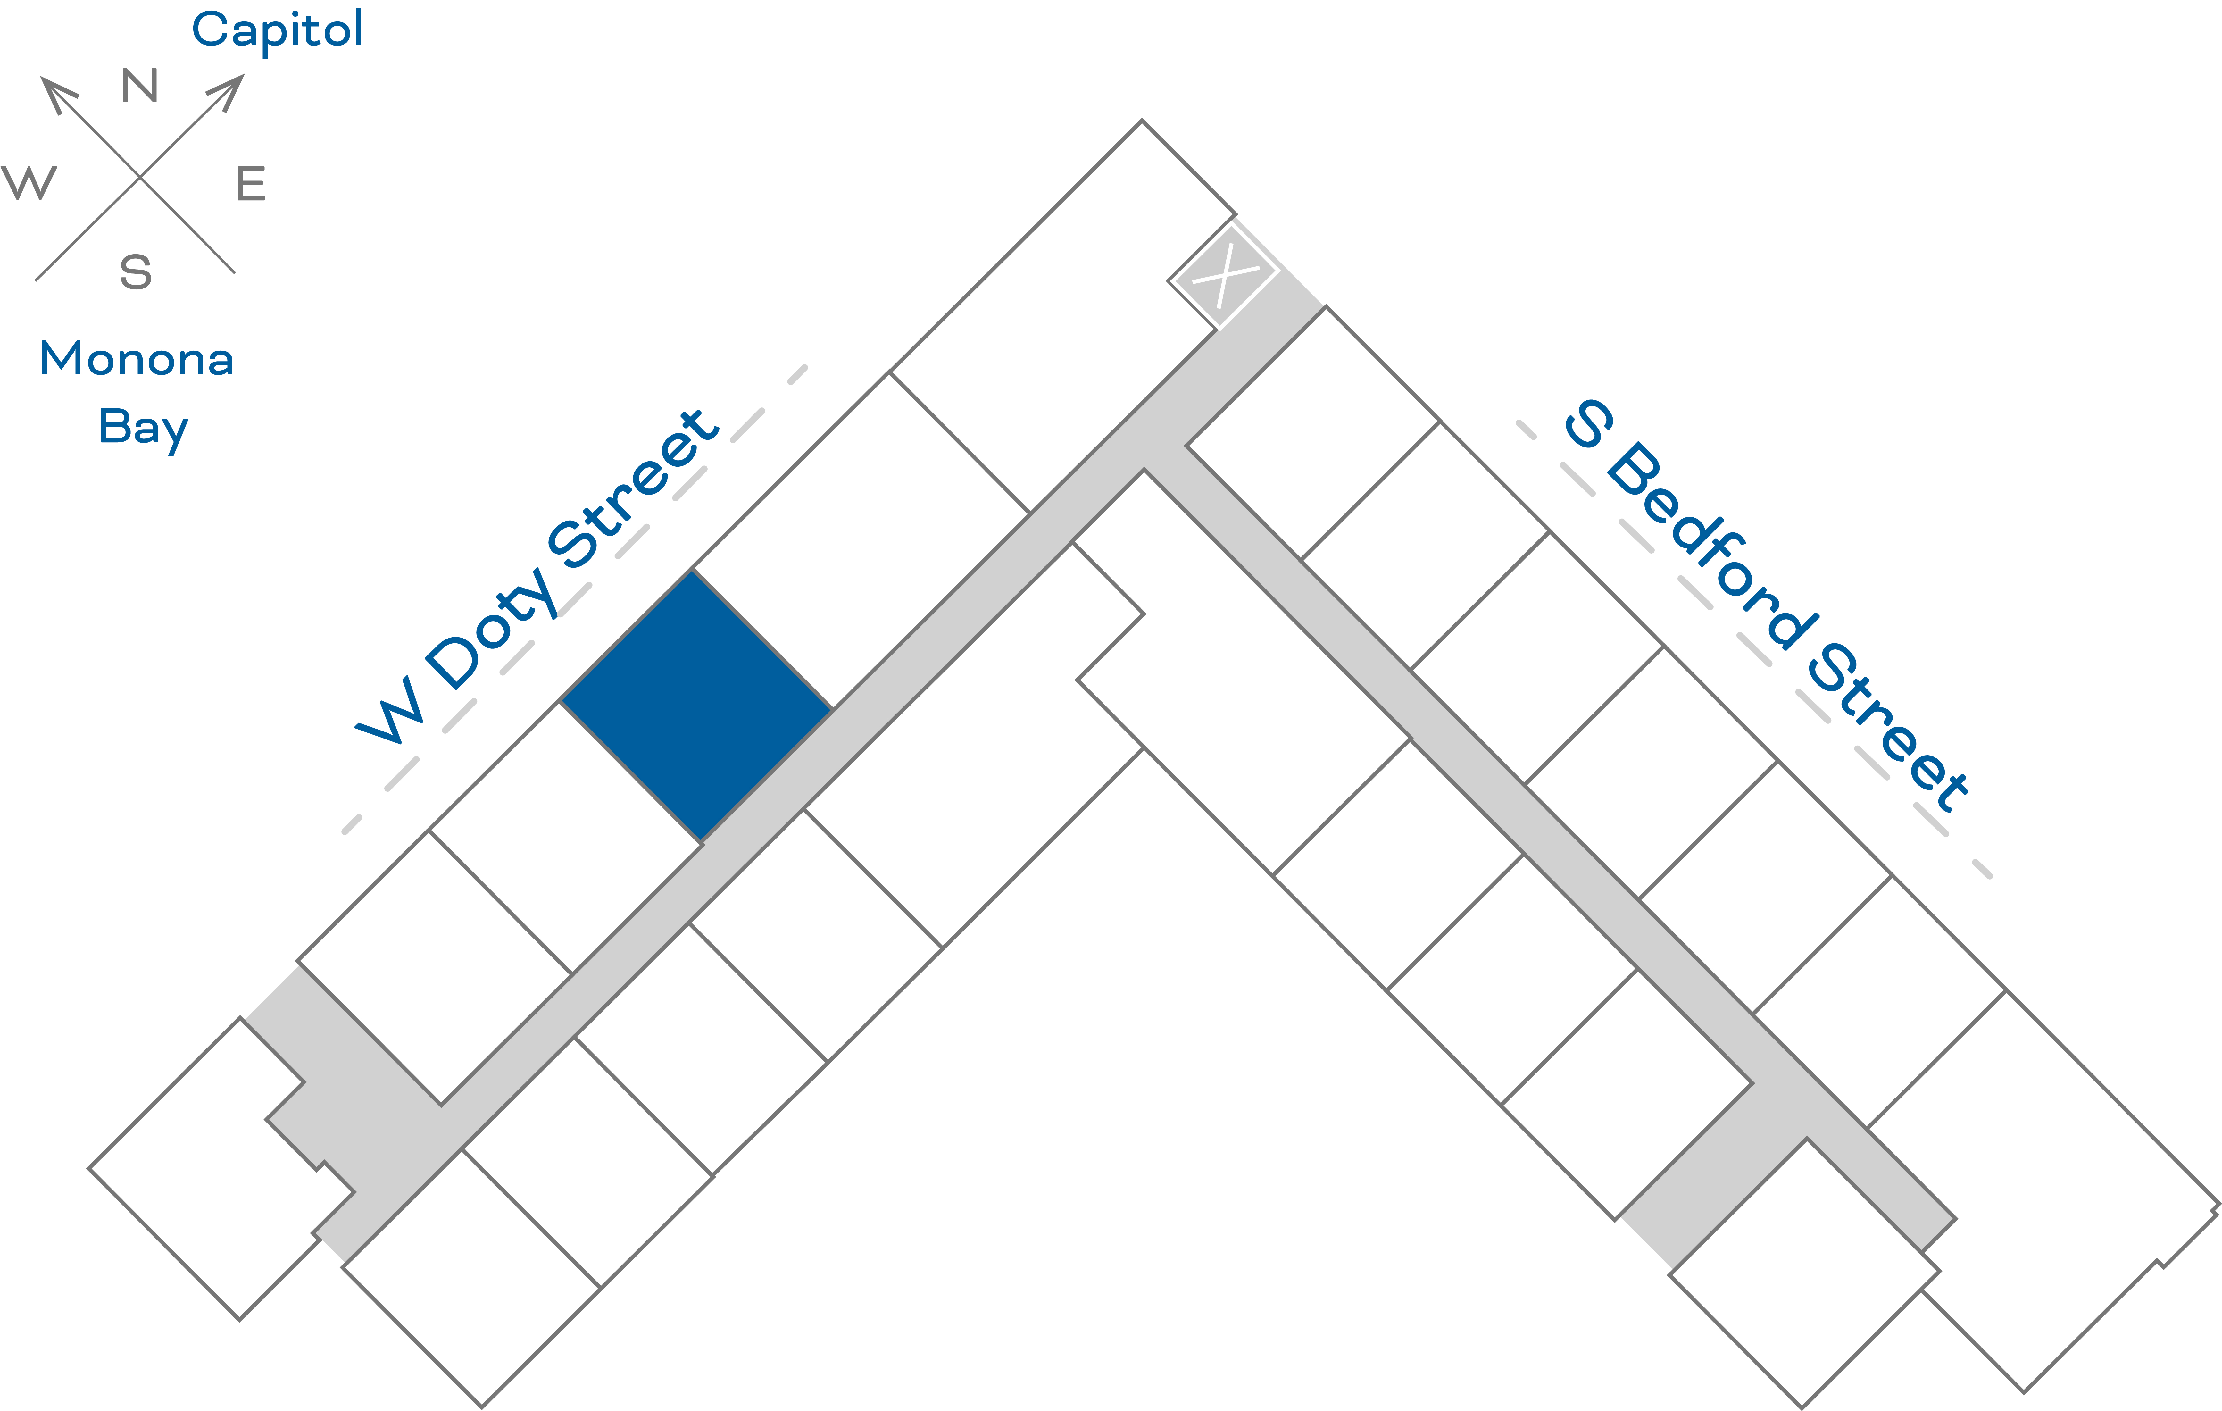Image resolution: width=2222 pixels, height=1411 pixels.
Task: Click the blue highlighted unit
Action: coord(697,706)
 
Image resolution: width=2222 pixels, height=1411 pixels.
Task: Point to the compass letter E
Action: coord(251,184)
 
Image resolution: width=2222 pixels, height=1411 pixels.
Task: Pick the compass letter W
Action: coord(29,183)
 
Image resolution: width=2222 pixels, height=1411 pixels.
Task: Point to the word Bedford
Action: coord(1712,545)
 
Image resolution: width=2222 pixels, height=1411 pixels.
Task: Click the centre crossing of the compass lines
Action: coord(139,176)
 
